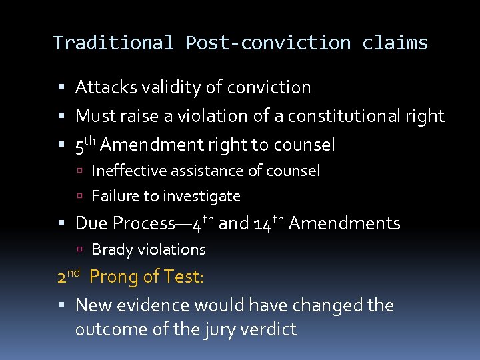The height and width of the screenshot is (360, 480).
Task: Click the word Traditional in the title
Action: click(x=113, y=43)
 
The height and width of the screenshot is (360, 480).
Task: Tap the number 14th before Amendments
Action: click(x=269, y=223)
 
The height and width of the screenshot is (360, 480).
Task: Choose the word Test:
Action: click(x=182, y=276)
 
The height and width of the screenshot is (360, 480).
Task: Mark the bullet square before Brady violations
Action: click(x=79, y=250)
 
